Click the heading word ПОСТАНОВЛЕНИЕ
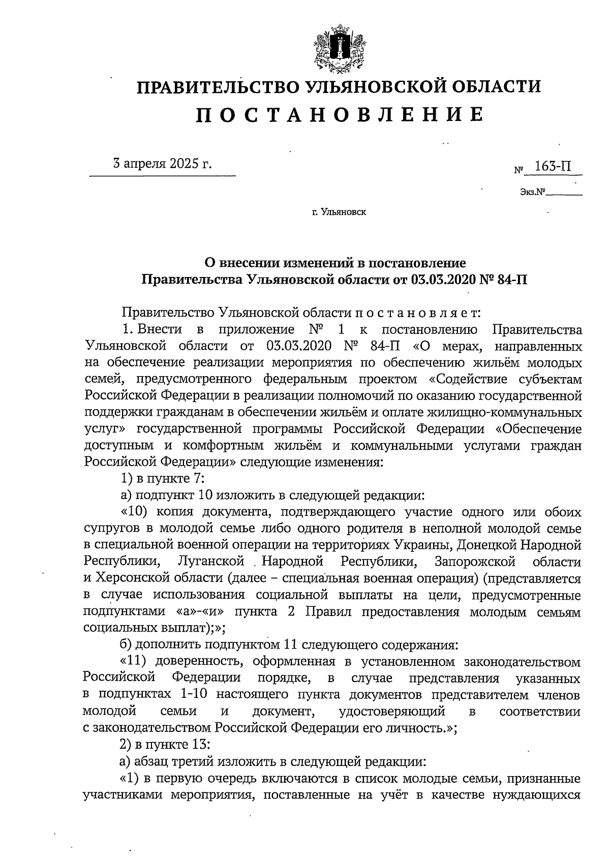pyautogui.click(x=340, y=115)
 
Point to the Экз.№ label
pyautogui.click(x=532, y=193)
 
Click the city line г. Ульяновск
pyautogui.click(x=339, y=212)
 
